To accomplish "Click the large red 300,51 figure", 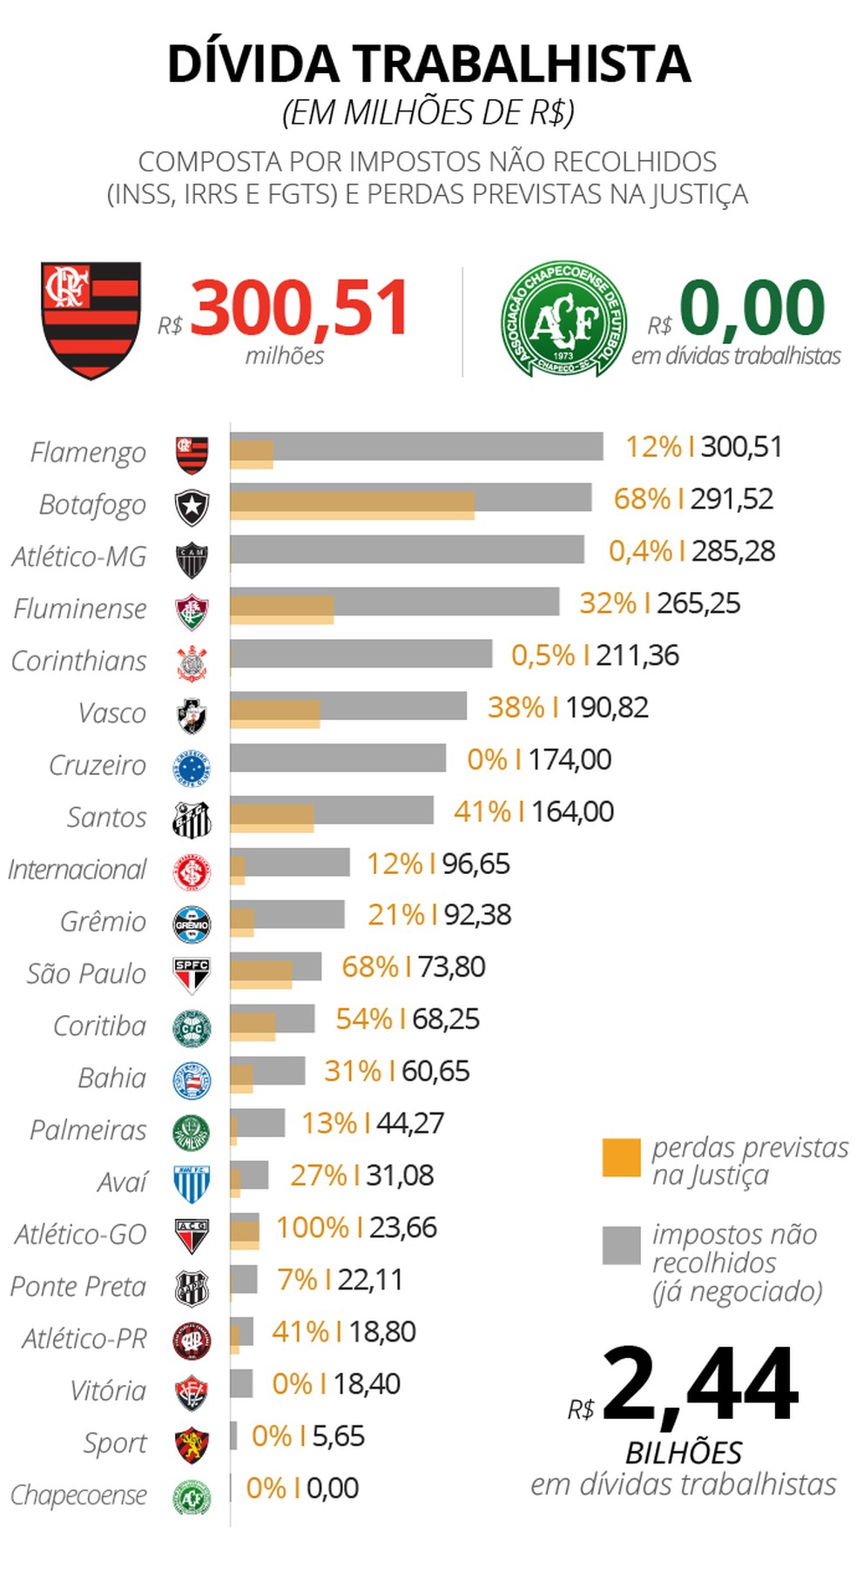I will [x=299, y=308].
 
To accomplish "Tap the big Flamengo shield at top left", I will [x=91, y=319].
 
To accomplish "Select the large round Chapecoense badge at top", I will [x=563, y=320].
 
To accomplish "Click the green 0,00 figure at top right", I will [x=751, y=308].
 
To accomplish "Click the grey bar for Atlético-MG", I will [x=407, y=549].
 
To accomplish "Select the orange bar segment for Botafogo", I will [x=352, y=505].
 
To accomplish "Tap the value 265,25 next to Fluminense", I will [x=698, y=603].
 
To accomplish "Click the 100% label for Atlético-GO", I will [x=312, y=1228].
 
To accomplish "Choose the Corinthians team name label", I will [x=78, y=661].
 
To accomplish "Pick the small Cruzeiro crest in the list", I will [x=192, y=766].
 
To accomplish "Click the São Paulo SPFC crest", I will [x=192, y=975].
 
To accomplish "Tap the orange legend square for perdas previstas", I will [x=621, y=1157].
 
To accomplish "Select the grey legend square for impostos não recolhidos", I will [x=621, y=1245].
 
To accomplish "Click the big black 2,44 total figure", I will [x=699, y=1384].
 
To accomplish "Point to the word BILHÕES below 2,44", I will [x=684, y=1452].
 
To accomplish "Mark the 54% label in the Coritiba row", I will [x=363, y=1019].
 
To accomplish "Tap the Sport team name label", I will [x=114, y=1443].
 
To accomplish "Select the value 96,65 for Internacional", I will [x=476, y=864].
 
